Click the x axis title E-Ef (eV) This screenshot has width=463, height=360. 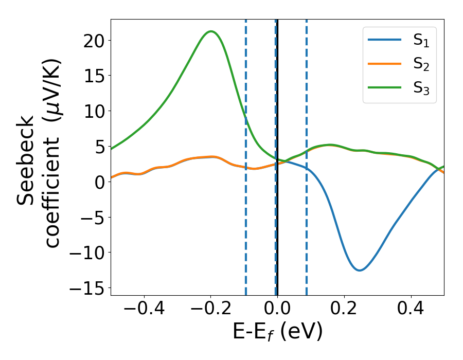(x=277, y=332)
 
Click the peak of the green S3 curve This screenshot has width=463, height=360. (x=210, y=31)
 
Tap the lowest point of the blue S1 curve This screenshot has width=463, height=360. (x=359, y=270)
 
